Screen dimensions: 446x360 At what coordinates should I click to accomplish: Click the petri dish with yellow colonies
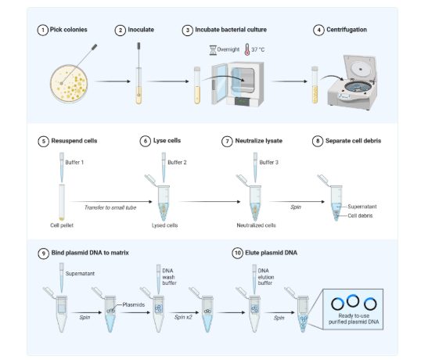click(x=69, y=84)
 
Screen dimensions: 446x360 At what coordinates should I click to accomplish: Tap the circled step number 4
click(x=318, y=30)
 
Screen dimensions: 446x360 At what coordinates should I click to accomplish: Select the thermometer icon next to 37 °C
click(x=247, y=49)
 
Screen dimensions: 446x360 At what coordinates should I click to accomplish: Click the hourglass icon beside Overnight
click(x=213, y=50)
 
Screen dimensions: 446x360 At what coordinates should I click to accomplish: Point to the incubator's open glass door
click(x=219, y=84)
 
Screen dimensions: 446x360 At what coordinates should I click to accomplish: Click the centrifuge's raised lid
click(x=360, y=69)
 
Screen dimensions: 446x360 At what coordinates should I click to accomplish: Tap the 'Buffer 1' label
click(x=74, y=163)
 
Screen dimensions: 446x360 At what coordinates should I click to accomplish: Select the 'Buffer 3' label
click(x=269, y=163)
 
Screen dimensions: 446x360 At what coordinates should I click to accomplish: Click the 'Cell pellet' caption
click(x=62, y=225)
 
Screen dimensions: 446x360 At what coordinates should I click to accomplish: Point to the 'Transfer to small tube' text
click(x=110, y=207)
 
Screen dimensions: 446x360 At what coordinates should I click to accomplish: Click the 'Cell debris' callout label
click(x=360, y=216)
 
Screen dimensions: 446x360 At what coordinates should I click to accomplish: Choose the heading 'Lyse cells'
click(x=167, y=141)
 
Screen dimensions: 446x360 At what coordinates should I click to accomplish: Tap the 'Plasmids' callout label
click(x=134, y=304)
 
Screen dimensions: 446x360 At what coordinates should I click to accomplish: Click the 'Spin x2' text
click(x=183, y=317)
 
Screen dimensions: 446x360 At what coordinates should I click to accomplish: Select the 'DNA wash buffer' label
click(x=169, y=276)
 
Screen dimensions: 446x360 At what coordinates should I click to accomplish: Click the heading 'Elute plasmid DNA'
click(x=271, y=253)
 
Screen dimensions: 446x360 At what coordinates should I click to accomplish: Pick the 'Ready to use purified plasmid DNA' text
click(x=354, y=319)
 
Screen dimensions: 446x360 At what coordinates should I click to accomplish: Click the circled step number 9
click(x=43, y=253)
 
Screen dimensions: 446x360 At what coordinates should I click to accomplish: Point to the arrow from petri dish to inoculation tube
click(x=112, y=81)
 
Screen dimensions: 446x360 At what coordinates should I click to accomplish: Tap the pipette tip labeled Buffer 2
click(x=164, y=167)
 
